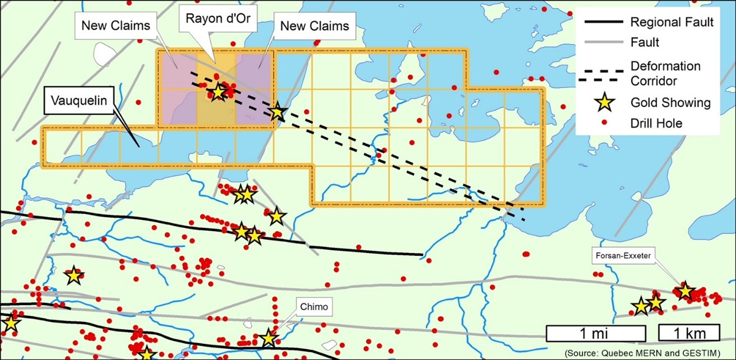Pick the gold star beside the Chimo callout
(x=269, y=338)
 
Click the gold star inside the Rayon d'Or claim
(x=218, y=92)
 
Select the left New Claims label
(x=116, y=26)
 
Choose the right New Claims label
(x=315, y=26)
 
